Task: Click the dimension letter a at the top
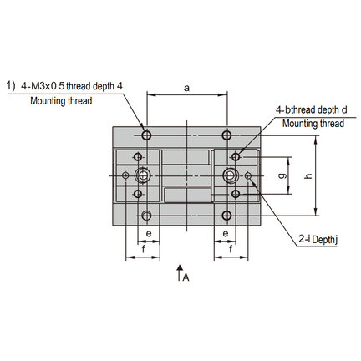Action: click(186, 89)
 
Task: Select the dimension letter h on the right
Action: click(308, 175)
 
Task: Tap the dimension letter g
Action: click(282, 175)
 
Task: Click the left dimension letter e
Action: click(149, 233)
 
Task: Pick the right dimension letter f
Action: click(231, 249)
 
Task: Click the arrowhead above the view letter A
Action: click(180, 267)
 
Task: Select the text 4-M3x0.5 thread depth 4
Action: click(72, 86)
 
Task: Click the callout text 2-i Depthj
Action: click(318, 240)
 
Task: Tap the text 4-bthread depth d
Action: click(312, 110)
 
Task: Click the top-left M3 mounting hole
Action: click(146, 135)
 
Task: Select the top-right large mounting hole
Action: click(227, 135)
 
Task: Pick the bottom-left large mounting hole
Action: click(146, 216)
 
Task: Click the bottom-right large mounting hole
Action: click(227, 216)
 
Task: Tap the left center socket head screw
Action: click(143, 175)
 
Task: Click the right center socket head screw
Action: click(230, 175)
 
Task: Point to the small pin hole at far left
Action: click(125, 175)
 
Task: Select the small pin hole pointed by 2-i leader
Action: click(248, 175)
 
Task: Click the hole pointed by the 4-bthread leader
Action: click(236, 157)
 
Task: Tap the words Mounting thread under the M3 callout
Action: click(61, 101)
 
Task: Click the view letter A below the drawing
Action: click(186, 277)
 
